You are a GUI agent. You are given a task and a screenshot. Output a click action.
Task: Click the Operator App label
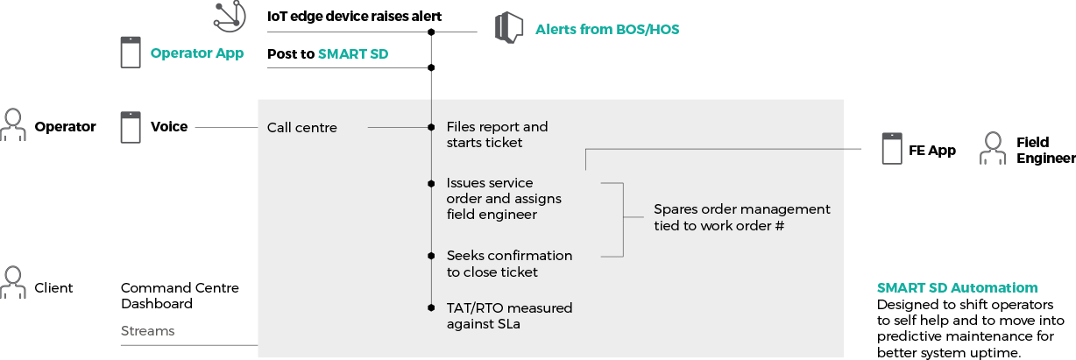click(x=196, y=53)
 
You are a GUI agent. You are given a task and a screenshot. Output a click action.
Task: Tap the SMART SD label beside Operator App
click(x=352, y=53)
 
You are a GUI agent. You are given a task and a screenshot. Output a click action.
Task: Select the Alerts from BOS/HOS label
click(x=607, y=30)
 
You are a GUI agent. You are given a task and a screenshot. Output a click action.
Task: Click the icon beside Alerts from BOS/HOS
click(x=509, y=27)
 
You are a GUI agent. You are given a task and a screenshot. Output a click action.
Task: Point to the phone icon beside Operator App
click(x=131, y=53)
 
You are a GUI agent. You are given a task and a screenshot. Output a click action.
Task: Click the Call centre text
click(x=301, y=128)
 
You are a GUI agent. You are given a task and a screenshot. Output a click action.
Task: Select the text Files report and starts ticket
click(x=497, y=135)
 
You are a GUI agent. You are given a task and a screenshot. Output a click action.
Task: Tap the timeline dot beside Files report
click(x=431, y=128)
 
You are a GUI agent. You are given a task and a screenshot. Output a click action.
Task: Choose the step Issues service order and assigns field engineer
click(x=504, y=198)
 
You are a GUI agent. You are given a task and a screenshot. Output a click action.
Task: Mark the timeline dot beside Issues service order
click(x=431, y=184)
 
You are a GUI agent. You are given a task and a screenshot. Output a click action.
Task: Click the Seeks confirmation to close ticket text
click(x=509, y=264)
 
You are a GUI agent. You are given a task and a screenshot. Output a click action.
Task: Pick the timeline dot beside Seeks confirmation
click(x=431, y=256)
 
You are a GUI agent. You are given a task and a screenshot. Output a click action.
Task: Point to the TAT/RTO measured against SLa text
click(x=509, y=316)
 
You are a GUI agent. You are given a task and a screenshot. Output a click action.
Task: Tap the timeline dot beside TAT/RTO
click(x=431, y=308)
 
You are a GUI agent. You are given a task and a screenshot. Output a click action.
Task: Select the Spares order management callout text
click(x=741, y=217)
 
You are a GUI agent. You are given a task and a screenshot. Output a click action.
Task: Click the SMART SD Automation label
click(x=957, y=288)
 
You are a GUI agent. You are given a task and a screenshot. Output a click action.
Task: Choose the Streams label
click(x=147, y=331)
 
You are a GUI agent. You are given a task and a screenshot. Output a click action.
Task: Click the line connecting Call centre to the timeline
click(x=398, y=128)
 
